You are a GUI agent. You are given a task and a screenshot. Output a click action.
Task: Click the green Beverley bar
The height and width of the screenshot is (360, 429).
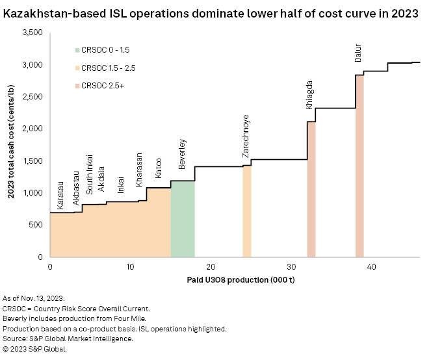pos(183,218)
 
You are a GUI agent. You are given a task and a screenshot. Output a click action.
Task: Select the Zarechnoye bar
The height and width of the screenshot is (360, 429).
pos(247,211)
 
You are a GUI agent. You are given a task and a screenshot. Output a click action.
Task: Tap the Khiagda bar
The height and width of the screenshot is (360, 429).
pos(311,189)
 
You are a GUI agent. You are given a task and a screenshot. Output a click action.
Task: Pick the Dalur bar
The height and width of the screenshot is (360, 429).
pos(359,166)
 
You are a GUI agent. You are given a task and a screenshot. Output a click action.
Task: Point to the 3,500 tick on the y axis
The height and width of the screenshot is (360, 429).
pos(30,33)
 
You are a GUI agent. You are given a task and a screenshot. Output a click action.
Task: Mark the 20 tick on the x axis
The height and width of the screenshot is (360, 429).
pos(211,267)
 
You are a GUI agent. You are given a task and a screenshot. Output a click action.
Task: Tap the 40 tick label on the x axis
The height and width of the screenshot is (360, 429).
pos(371,267)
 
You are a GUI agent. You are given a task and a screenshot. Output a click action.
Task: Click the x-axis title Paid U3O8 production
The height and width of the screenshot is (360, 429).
pos(234,280)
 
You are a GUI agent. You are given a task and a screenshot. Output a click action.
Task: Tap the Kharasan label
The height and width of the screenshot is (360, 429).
pos(138,175)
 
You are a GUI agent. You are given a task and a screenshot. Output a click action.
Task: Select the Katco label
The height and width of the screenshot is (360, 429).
pos(158,168)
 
